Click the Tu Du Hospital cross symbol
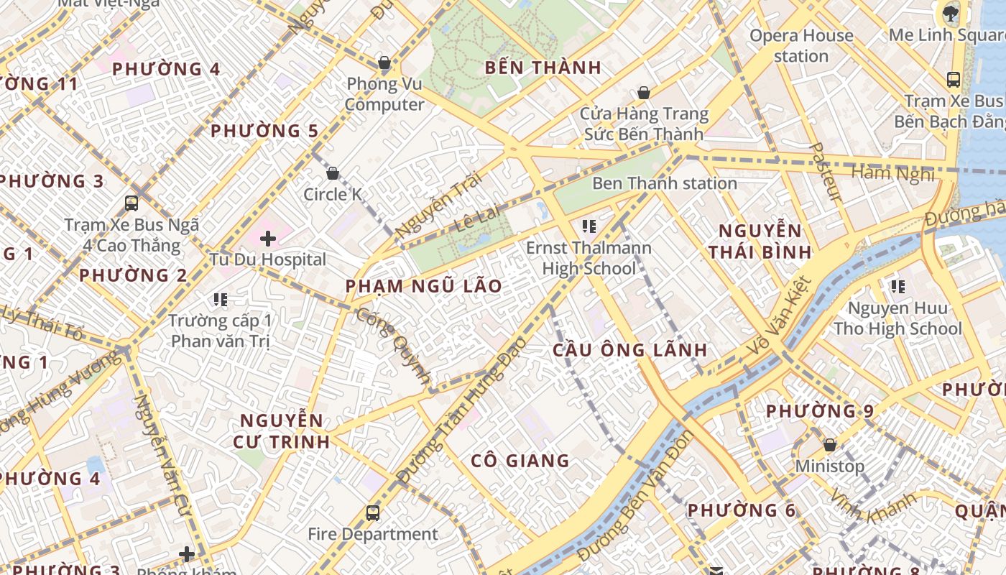coord(268,238)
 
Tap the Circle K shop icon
coord(333,173)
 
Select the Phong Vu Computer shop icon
coord(384,63)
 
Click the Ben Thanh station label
coord(665,183)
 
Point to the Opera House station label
coord(801,45)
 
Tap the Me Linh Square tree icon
coord(950,12)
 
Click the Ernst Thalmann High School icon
coord(589,227)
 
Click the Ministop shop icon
coord(830,446)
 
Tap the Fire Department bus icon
coord(372,513)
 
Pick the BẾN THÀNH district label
coord(543,68)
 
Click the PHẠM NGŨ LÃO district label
coord(423,286)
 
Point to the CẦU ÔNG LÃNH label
coord(629,350)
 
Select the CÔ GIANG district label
coord(520,461)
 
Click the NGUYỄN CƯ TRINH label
coord(282,431)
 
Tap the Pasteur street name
coord(824,172)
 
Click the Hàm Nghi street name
coord(893,172)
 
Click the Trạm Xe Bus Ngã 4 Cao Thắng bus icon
coord(131,203)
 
